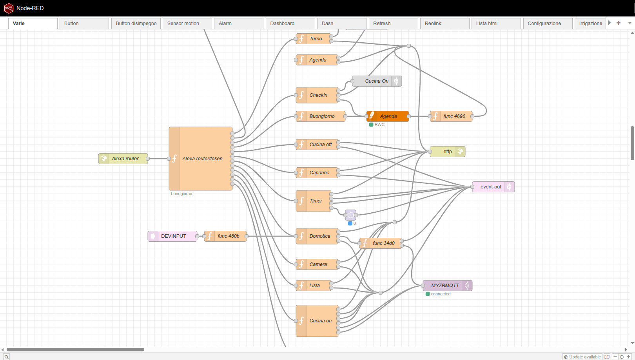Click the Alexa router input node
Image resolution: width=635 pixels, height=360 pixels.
click(x=123, y=159)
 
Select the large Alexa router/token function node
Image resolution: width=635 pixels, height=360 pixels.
click(x=201, y=159)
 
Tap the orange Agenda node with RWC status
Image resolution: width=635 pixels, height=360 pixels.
click(x=388, y=116)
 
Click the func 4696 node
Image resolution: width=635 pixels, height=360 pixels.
click(x=451, y=116)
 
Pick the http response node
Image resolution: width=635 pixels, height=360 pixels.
click(x=447, y=152)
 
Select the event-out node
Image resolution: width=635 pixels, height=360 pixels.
click(x=493, y=187)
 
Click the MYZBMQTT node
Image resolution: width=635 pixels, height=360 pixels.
click(x=447, y=286)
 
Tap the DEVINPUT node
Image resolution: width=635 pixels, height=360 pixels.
click(x=172, y=236)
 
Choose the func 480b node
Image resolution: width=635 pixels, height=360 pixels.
click(x=225, y=236)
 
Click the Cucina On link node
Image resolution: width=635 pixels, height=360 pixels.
click(x=377, y=81)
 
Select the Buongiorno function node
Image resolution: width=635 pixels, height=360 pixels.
click(x=320, y=116)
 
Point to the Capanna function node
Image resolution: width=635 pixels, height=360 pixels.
click(x=317, y=173)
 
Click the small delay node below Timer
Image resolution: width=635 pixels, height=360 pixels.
click(x=350, y=215)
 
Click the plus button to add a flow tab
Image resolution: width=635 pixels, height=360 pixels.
click(x=618, y=23)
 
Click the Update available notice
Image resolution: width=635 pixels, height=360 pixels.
click(x=582, y=357)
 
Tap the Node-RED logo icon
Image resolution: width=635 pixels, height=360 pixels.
click(x=9, y=8)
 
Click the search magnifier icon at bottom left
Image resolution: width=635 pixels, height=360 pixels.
click(x=7, y=357)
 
